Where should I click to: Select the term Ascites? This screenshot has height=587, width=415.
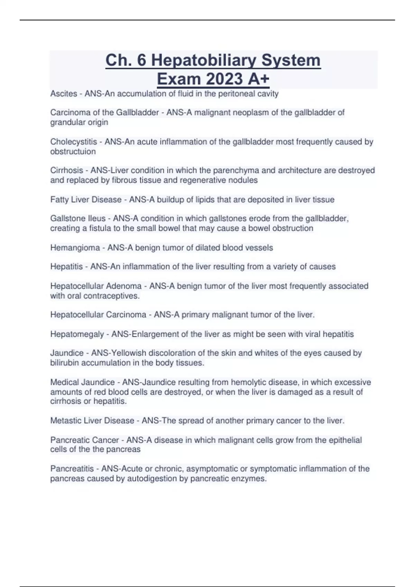pyautogui.click(x=64, y=94)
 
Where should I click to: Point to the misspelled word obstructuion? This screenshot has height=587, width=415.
pyautogui.click(x=73, y=151)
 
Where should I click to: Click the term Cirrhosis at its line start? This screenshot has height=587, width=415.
pyautogui.click(x=66, y=171)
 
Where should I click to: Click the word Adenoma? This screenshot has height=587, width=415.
pyautogui.click(x=124, y=286)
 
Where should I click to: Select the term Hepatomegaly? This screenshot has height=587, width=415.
pyautogui.click(x=77, y=334)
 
